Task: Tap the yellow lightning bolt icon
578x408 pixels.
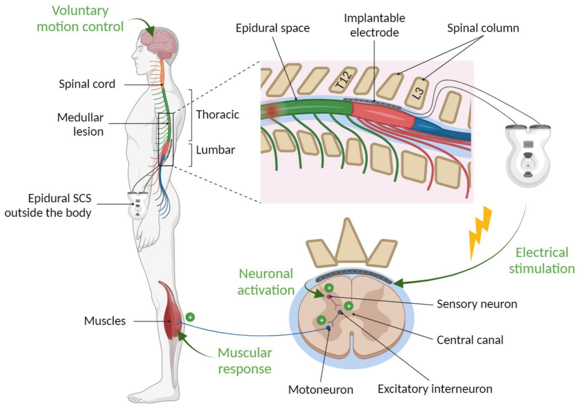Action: click(x=480, y=232)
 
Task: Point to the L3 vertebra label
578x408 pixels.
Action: click(x=418, y=93)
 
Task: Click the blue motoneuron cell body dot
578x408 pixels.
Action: click(x=328, y=328)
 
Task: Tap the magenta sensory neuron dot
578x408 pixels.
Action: click(x=329, y=297)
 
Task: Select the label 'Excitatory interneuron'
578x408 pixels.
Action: click(x=435, y=389)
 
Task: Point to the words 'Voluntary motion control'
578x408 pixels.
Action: click(x=80, y=19)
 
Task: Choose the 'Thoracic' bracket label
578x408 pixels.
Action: click(x=217, y=114)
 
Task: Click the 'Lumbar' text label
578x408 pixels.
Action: click(x=215, y=150)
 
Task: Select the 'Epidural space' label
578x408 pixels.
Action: click(x=273, y=28)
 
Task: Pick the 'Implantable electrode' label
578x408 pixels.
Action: click(x=374, y=25)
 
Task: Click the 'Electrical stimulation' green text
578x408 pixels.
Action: click(x=542, y=260)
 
